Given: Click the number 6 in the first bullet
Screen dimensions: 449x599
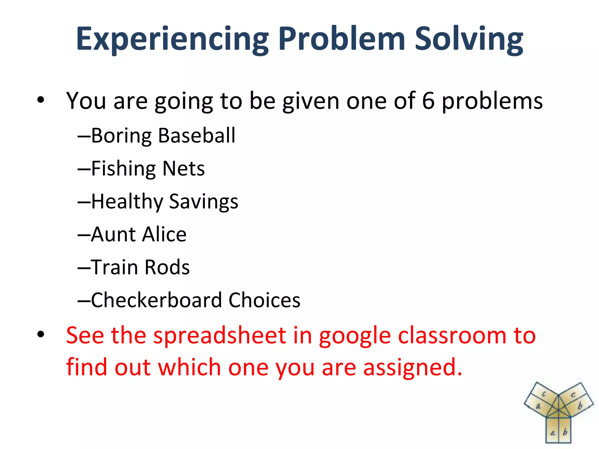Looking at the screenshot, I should tap(428, 101).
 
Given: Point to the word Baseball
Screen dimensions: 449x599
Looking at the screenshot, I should tap(197, 136).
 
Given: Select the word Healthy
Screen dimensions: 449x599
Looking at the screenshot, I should tap(127, 202).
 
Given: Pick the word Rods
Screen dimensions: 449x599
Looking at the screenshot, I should tap(167, 267).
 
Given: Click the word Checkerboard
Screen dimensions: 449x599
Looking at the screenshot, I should tap(156, 300).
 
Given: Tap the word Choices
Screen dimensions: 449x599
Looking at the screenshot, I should tap(264, 300).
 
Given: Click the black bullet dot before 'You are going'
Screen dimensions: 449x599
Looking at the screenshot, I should tap(41, 100).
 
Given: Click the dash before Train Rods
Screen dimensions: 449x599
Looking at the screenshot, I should tap(84, 268).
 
